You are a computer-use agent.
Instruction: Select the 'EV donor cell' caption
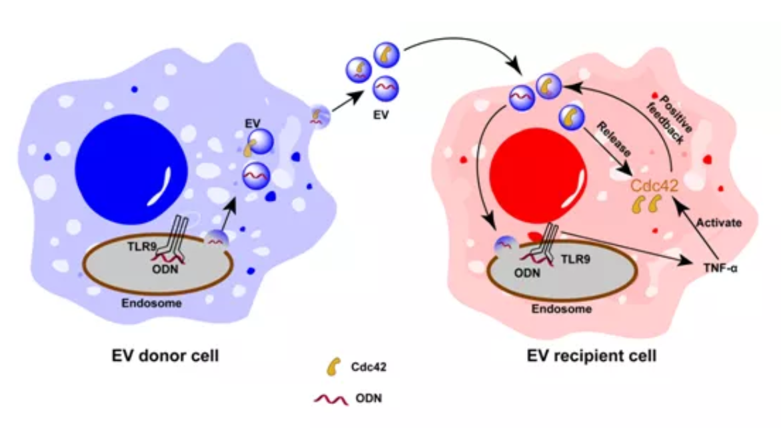pos(165,356)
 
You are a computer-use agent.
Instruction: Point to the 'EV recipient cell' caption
pos(591,356)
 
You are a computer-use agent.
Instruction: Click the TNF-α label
pos(720,268)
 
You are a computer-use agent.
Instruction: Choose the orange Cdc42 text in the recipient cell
pos(654,186)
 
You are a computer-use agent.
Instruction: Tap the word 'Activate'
pos(719,222)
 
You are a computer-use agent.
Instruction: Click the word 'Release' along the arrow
pos(614,139)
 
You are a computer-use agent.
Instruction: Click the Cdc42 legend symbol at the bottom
pos(333,367)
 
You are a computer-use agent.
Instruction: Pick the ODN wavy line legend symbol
pos(330,399)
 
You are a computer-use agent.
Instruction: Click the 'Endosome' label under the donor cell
pos(151,303)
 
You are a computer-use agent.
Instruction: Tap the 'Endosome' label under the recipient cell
pos(561,309)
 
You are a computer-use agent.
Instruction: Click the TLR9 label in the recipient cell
pos(576,259)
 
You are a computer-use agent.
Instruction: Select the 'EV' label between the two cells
pos(381,115)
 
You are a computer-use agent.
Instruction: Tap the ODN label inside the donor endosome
pos(165,269)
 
